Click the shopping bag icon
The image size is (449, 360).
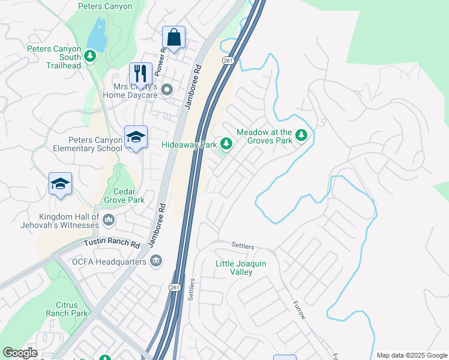pos(173,38)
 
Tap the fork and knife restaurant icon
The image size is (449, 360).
pos(140,73)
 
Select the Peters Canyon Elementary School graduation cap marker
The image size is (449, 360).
pos(136,138)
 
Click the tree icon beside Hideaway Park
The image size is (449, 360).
pos(226,143)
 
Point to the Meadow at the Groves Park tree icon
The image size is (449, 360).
pos(301,136)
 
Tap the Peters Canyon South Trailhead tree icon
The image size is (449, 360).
pos(89,56)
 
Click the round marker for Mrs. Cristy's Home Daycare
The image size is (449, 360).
pos(167,90)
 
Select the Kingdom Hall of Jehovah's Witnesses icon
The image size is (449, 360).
pos(109,220)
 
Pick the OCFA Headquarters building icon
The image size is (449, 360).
pos(156,261)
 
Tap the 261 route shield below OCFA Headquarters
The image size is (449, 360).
pos(175,288)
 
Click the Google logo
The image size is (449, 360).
pos(20,353)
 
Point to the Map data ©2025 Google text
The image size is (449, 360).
pos(412,355)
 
